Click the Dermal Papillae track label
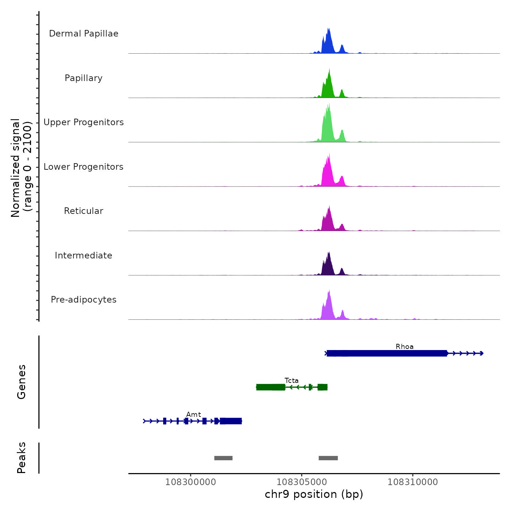point(84,34)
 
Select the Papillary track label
point(84,78)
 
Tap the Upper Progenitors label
point(84,122)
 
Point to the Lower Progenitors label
point(84,167)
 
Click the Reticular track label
point(84,211)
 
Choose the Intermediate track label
point(84,255)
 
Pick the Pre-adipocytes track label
point(84,300)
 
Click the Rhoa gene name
point(404,347)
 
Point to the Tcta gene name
point(292,381)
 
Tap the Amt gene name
point(193,415)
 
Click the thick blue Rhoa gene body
point(387,353)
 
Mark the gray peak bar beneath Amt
point(223,458)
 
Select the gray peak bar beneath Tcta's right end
point(328,458)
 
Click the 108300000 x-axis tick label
point(191,482)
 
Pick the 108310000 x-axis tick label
point(413,482)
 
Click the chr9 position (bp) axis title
point(314,494)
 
